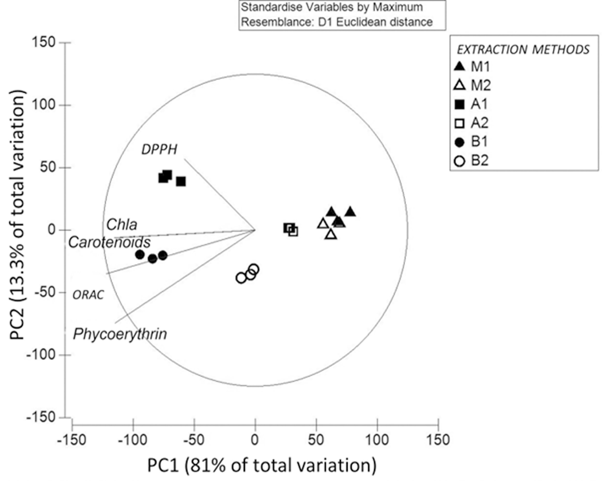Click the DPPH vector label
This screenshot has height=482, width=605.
(x=159, y=150)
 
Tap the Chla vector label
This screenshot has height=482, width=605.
(x=121, y=225)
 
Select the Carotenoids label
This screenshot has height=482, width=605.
(x=109, y=242)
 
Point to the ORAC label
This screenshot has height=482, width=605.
(x=88, y=295)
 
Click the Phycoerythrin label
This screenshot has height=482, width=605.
(x=120, y=334)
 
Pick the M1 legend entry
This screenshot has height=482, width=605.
(x=473, y=67)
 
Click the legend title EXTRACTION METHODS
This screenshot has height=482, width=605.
(x=523, y=50)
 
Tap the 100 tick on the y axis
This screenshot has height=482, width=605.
(x=44, y=105)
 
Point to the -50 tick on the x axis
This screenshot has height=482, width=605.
(x=194, y=440)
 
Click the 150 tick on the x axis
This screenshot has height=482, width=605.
(x=438, y=440)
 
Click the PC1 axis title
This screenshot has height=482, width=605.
(x=262, y=466)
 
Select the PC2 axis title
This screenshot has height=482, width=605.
(x=17, y=215)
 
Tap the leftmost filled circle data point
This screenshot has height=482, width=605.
(x=140, y=255)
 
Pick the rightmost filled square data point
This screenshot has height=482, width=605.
(x=181, y=182)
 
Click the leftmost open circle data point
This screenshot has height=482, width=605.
(x=241, y=278)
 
